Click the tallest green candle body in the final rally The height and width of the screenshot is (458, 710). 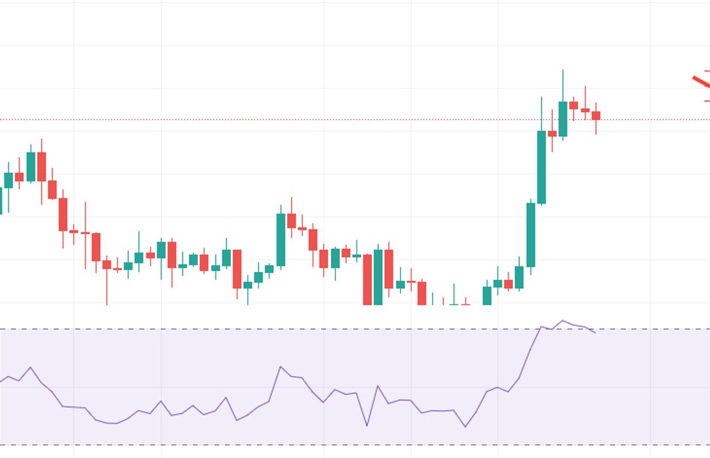[541, 167]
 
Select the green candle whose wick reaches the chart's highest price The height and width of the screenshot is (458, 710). [563, 118]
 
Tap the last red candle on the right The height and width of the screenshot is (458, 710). [596, 116]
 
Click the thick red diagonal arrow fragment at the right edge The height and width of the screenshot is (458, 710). [701, 82]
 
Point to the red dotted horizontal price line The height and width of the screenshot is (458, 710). [296, 120]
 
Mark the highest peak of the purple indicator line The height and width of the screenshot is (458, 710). [562, 321]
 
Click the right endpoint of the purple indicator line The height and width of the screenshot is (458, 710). [595, 332]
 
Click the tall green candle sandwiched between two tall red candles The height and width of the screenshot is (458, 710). [378, 277]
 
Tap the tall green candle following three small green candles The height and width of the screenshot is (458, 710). [281, 239]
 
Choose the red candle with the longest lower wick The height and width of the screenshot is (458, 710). [106, 264]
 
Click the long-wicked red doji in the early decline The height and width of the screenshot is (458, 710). [85, 233]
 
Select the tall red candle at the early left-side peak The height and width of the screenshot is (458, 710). [41, 166]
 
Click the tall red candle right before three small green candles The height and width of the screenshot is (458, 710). [237, 268]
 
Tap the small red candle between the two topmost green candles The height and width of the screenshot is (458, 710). [552, 133]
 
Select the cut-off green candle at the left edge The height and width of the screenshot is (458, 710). [1, 200]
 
